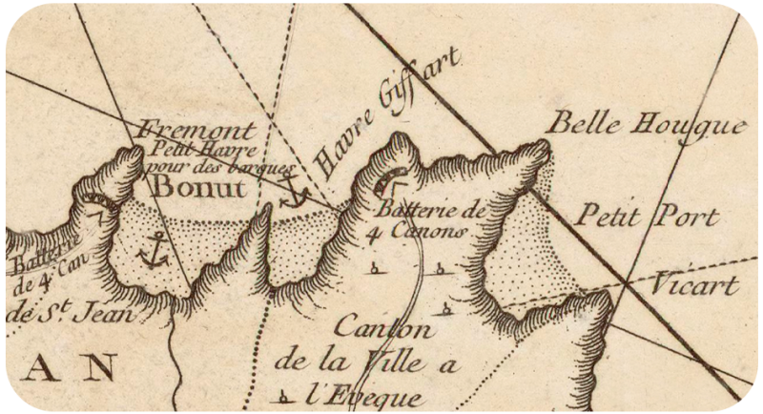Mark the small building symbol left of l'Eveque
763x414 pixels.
pos(283,395)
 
